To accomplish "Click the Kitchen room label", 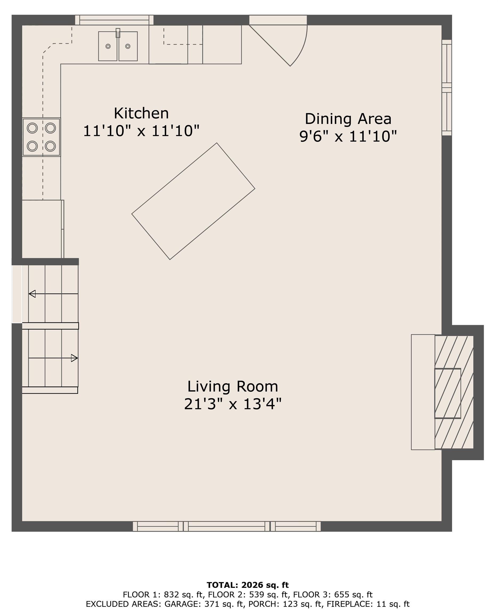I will tap(141, 113).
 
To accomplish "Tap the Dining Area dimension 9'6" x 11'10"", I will tap(348, 136).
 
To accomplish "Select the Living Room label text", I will tap(232, 386).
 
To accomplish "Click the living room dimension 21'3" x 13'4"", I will tap(232, 404).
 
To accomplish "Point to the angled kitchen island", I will tap(193, 201).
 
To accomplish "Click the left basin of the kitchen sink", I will tap(108, 46).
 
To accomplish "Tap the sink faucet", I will tap(118, 33).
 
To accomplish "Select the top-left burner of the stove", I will tap(32, 128).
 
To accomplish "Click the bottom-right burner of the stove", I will tap(50, 146).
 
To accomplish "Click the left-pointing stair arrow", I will tap(33, 294).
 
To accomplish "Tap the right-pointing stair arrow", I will tap(74, 358).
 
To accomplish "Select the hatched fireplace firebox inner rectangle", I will tap(448, 393).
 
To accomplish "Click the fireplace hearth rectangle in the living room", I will tap(423, 392).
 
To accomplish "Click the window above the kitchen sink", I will tap(114, 20).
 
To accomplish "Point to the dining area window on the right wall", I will tap(446, 87).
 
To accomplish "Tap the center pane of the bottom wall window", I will tap(227, 526).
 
